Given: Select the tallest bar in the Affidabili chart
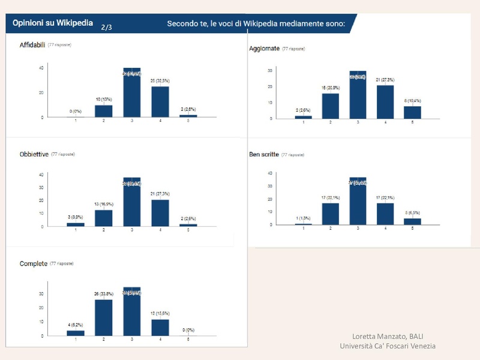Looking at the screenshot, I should click(132, 93).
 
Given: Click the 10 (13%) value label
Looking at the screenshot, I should click(104, 100).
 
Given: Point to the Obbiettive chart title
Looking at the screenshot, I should click(34, 154).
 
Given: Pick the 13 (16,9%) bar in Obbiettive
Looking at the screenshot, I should click(104, 218).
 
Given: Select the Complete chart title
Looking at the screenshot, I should click(33, 263).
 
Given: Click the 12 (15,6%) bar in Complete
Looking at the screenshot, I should click(160, 327).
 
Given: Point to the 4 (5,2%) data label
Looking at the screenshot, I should click(76, 325).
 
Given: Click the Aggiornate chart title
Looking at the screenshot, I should click(264, 49).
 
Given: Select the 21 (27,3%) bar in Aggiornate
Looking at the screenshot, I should click(386, 102).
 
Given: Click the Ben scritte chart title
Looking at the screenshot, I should click(264, 154).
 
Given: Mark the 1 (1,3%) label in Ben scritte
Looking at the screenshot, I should click(304, 218).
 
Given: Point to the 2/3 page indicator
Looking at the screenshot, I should click(107, 27).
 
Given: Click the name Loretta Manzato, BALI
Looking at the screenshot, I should click(388, 336).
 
